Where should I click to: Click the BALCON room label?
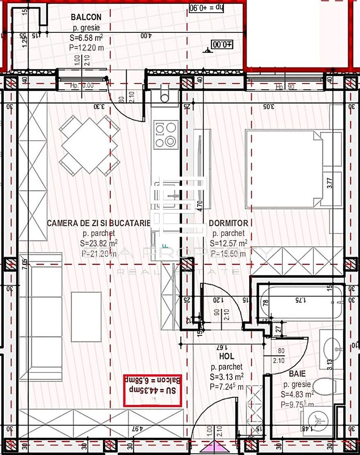pos(86,17)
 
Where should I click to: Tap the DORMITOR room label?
pos(228,223)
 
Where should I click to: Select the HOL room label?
pos(226,357)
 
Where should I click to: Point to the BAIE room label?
pos(298,374)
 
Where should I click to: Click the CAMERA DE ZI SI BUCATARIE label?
pos(98,223)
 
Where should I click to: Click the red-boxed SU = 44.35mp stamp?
pos(152,390)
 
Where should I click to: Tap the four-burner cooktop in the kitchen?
pos(165,134)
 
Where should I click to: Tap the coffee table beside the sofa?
pos(86,316)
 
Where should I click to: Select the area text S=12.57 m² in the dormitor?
pos(228,244)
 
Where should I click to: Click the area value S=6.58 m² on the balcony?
pos(86,38)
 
